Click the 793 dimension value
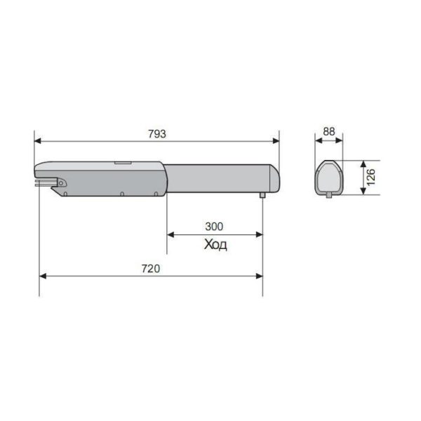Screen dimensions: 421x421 click(157, 134)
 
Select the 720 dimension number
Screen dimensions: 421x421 click(151, 269)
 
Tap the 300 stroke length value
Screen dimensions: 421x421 click(214, 227)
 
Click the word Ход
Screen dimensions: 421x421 click(215, 245)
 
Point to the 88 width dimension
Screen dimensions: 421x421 click(329, 132)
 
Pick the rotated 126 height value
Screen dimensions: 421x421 click(370, 178)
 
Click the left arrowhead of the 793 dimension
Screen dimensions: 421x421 click(38, 141)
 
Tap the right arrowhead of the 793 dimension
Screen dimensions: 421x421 click(276, 141)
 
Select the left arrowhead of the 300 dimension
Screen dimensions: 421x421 click(171, 235)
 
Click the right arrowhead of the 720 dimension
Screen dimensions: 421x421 click(259, 276)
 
